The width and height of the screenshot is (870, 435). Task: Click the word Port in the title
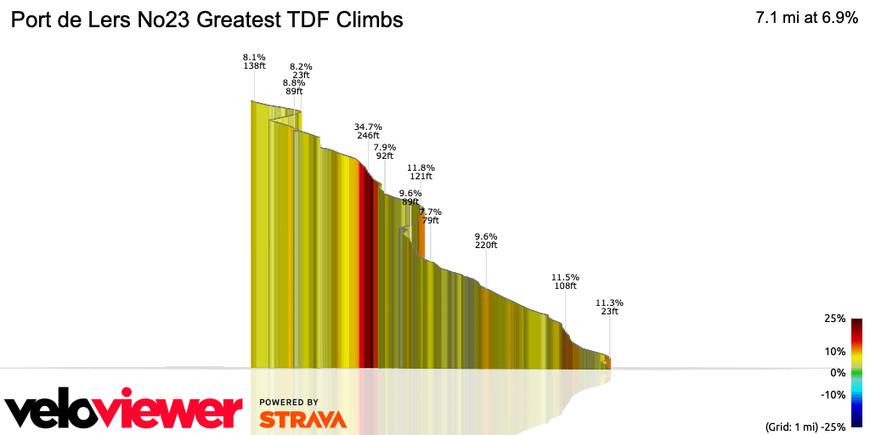point(31,19)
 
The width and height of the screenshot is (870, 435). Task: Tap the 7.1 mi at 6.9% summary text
point(806,18)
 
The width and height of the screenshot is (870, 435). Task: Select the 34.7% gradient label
point(368,127)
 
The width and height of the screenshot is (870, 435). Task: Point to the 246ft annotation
point(368,136)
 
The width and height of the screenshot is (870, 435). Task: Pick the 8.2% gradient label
point(301,66)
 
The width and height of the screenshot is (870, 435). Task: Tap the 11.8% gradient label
point(421,167)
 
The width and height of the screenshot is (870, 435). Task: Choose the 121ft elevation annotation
point(421,177)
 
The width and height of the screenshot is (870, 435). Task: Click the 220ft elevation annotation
point(486,246)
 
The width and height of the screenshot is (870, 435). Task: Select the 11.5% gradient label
point(565,277)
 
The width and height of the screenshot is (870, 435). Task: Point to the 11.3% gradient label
point(609,302)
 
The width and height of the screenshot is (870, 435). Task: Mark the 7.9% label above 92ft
point(385,147)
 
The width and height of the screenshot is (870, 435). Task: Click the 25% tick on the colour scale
point(834,319)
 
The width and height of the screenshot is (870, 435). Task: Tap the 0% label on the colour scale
point(838,372)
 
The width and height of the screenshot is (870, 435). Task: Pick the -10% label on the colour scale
point(833,394)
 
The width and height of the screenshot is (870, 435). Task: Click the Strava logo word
point(302,420)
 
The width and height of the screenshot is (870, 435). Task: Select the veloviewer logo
point(123,411)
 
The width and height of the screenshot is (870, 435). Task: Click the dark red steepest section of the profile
point(367,272)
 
